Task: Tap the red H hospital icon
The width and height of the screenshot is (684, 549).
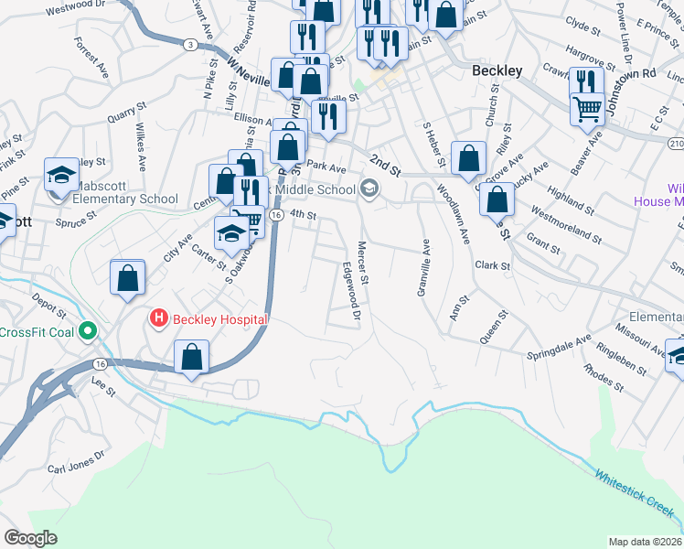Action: [158, 318]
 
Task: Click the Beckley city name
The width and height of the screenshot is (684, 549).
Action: [497, 70]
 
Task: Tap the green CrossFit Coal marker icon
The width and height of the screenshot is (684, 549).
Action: [88, 330]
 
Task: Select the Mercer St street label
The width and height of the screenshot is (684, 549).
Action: [363, 262]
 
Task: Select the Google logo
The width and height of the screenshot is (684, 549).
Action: [30, 537]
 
